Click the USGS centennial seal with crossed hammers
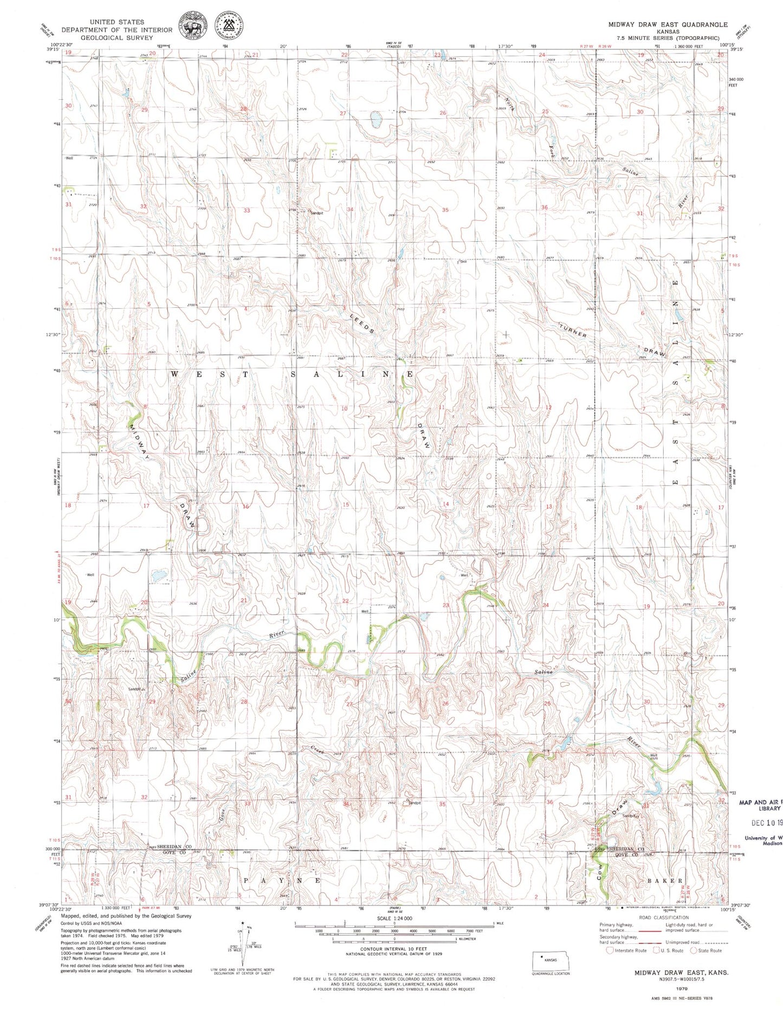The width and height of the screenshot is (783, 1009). pyautogui.click(x=229, y=25)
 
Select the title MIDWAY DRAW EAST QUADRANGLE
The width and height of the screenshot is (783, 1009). pyautogui.click(x=667, y=24)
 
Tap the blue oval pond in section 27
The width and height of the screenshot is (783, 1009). pyautogui.click(x=374, y=119)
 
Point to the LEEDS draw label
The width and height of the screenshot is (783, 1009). pyautogui.click(x=362, y=324)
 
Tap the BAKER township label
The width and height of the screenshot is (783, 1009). pyautogui.click(x=665, y=881)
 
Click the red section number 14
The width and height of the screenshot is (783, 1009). pyautogui.click(x=446, y=504)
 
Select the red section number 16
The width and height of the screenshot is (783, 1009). pyautogui.click(x=245, y=506)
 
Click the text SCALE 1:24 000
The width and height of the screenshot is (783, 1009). pyautogui.click(x=394, y=919)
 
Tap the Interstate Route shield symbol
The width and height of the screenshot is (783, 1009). pyautogui.click(x=610, y=950)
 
